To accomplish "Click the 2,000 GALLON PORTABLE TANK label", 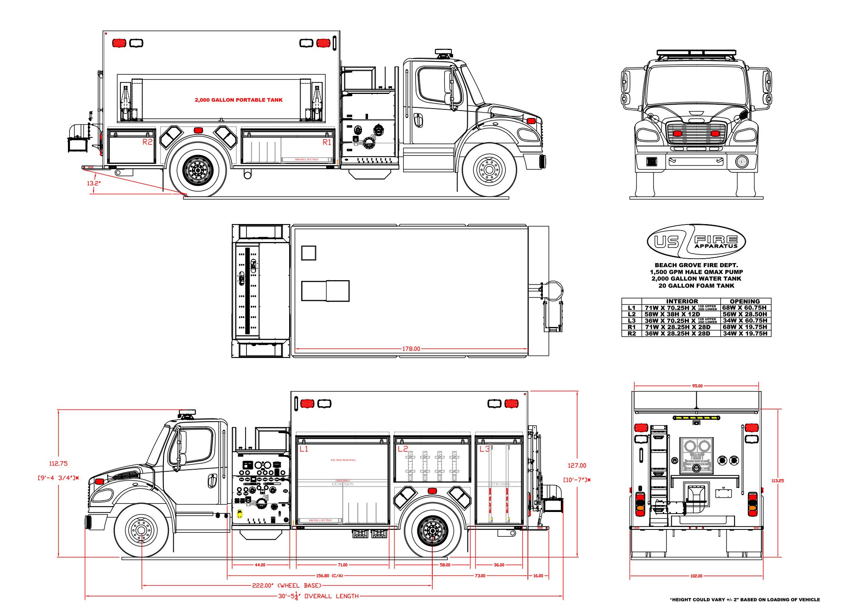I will tap(238, 100).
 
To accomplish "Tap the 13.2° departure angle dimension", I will tap(94, 183).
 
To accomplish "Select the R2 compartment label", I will tap(147, 142).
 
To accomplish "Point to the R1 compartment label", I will tap(327, 142).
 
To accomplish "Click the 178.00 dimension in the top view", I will tap(411, 349).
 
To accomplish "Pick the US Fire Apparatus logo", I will tap(696, 242).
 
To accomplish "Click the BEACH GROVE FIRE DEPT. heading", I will tap(696, 265).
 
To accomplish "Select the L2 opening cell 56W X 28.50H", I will tap(745, 314).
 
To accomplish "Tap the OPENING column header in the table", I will tap(745, 301).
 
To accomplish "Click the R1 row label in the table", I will tap(632, 327).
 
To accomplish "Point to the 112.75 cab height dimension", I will tap(58, 464).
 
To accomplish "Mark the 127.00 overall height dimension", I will tap(577, 466).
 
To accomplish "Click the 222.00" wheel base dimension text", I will tap(287, 586).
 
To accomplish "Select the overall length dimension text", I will tap(318, 596).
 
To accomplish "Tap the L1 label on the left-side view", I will tap(304, 449).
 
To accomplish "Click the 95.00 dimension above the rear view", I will tap(697, 386).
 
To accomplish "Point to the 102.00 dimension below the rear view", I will tap(696, 576).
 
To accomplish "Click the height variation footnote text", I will tap(745, 599).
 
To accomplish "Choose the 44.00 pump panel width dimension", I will tap(260, 565).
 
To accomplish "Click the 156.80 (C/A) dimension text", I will tap(329, 576).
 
